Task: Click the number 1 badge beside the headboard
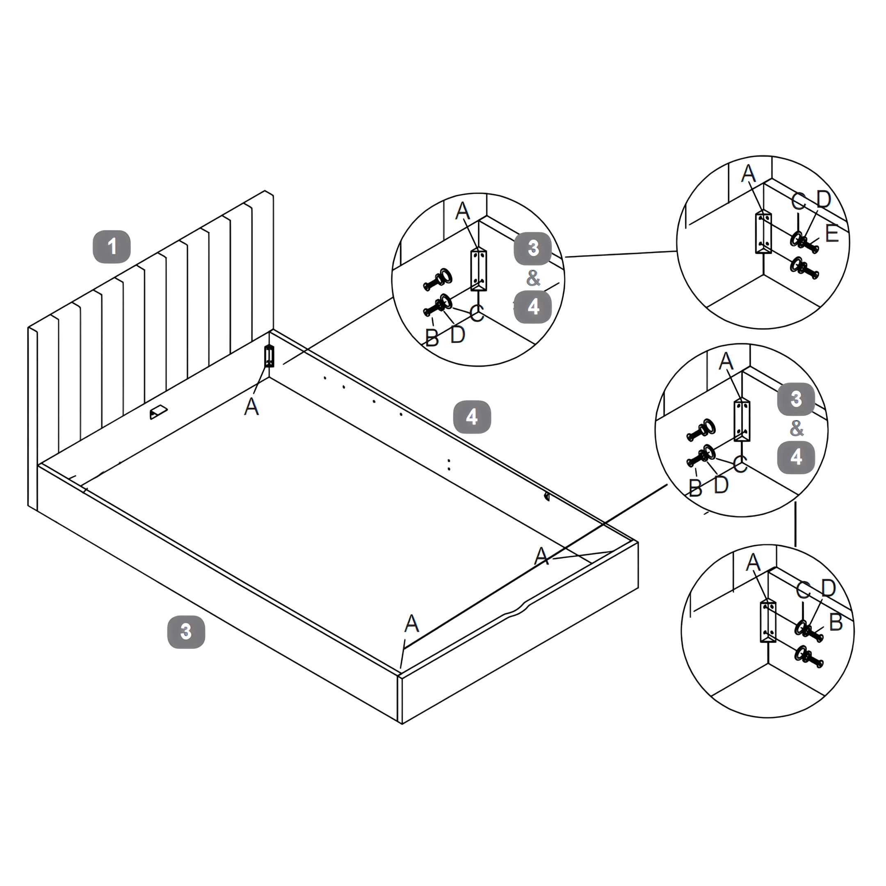click(112, 247)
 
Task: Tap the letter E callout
click(832, 234)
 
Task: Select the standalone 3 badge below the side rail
click(186, 632)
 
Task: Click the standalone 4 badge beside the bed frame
click(472, 417)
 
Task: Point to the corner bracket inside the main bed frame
click(269, 356)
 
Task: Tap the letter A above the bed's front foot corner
click(412, 623)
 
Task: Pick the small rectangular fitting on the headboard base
click(158, 411)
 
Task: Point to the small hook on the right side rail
click(547, 496)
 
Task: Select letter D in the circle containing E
click(824, 199)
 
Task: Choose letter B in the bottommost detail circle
click(836, 622)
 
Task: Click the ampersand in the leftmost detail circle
click(533, 278)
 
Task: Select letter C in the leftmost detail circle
click(477, 314)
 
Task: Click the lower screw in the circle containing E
click(804, 269)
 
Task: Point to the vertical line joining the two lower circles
click(796, 524)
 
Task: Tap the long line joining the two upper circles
click(621, 253)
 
